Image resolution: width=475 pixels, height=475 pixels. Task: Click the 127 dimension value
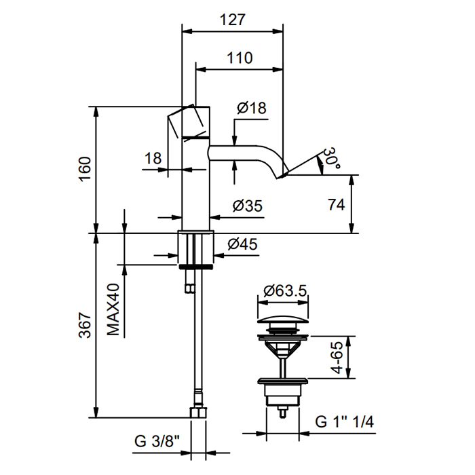[x=233, y=20]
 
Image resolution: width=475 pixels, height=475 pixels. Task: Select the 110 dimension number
[x=239, y=58]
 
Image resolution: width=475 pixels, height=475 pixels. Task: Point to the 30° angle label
[x=330, y=159]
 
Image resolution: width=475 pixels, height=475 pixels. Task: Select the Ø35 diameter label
[x=247, y=206]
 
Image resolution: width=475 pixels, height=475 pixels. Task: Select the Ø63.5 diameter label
[x=284, y=291]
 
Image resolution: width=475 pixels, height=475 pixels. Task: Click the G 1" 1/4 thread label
[x=345, y=421]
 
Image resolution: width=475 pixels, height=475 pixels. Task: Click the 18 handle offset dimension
[x=153, y=159]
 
